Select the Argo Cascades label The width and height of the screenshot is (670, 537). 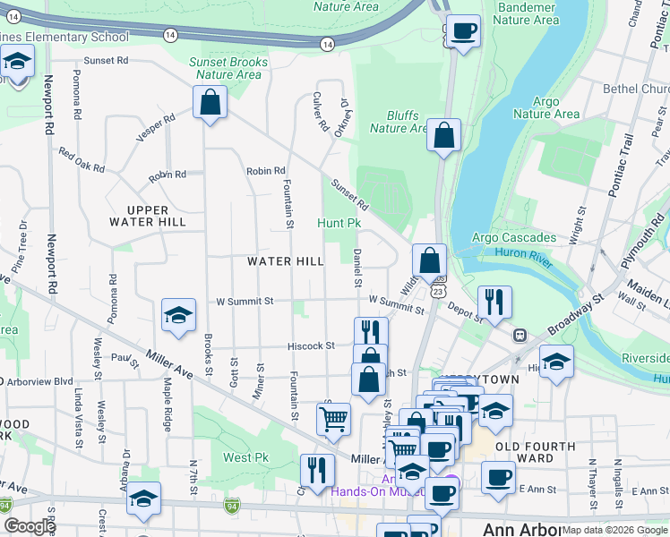coord(514,237)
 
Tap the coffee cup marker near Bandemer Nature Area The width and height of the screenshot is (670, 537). coord(463,32)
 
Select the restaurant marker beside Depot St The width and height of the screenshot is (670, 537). coord(494,302)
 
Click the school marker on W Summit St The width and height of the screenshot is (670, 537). coord(178,315)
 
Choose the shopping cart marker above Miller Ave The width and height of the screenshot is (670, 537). coord(333,418)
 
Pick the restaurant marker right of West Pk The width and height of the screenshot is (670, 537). coord(317,470)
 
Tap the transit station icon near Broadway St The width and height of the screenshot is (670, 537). coord(519,335)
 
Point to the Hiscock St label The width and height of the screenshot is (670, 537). coord(311,345)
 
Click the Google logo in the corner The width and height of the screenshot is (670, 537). coord(30,526)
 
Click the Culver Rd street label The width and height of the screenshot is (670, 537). coord(320,113)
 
